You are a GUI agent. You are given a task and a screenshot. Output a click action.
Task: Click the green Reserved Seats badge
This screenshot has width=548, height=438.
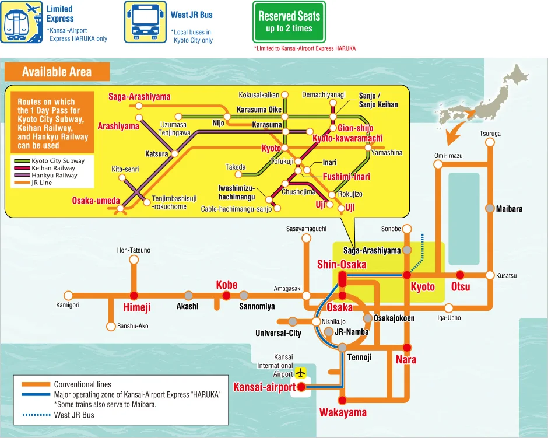click(289, 22)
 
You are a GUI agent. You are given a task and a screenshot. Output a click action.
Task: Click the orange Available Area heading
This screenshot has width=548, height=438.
click(57, 72)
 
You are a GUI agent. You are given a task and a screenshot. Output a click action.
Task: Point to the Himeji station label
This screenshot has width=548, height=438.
click(137, 307)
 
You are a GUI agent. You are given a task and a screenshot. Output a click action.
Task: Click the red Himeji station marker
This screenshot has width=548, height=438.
click(134, 295)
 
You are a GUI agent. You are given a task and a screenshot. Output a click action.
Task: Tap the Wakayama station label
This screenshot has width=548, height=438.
click(343, 413)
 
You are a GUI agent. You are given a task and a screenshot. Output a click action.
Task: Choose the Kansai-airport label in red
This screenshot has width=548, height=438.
click(264, 387)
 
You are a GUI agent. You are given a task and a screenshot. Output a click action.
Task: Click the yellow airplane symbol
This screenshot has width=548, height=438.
click(301, 372)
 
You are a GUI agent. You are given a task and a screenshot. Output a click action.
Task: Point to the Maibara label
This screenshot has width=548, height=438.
click(509, 209)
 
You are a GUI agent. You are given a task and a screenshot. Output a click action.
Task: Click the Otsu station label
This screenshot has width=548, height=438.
click(461, 287)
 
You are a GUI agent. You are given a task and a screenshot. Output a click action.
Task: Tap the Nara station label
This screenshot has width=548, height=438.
click(406, 360)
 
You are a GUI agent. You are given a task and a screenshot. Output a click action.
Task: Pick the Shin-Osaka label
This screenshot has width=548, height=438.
click(342, 265)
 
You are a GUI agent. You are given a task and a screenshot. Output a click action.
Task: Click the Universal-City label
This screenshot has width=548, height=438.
click(278, 333)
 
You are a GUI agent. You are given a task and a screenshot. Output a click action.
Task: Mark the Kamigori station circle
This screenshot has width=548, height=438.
click(68, 295)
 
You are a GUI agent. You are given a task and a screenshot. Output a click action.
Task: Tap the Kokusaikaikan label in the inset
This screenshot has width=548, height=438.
click(259, 94)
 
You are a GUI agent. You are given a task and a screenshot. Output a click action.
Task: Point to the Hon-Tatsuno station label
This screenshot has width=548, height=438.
click(134, 250)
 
